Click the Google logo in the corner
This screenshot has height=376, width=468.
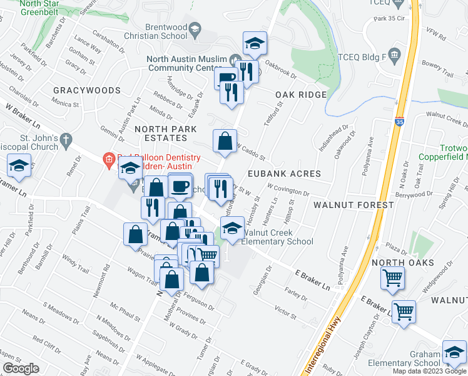point(20,368)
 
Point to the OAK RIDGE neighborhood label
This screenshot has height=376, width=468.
point(301,95)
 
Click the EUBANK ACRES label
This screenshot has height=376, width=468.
point(283,174)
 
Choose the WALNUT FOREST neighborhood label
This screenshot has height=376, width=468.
point(354,205)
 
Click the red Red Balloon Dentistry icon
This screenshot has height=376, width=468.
point(108,158)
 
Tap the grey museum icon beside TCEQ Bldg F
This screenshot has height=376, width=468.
point(395,55)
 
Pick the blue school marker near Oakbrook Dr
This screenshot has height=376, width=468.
point(255,43)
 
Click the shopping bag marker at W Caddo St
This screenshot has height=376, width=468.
point(225,141)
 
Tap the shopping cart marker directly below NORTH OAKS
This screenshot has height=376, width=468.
point(392,278)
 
